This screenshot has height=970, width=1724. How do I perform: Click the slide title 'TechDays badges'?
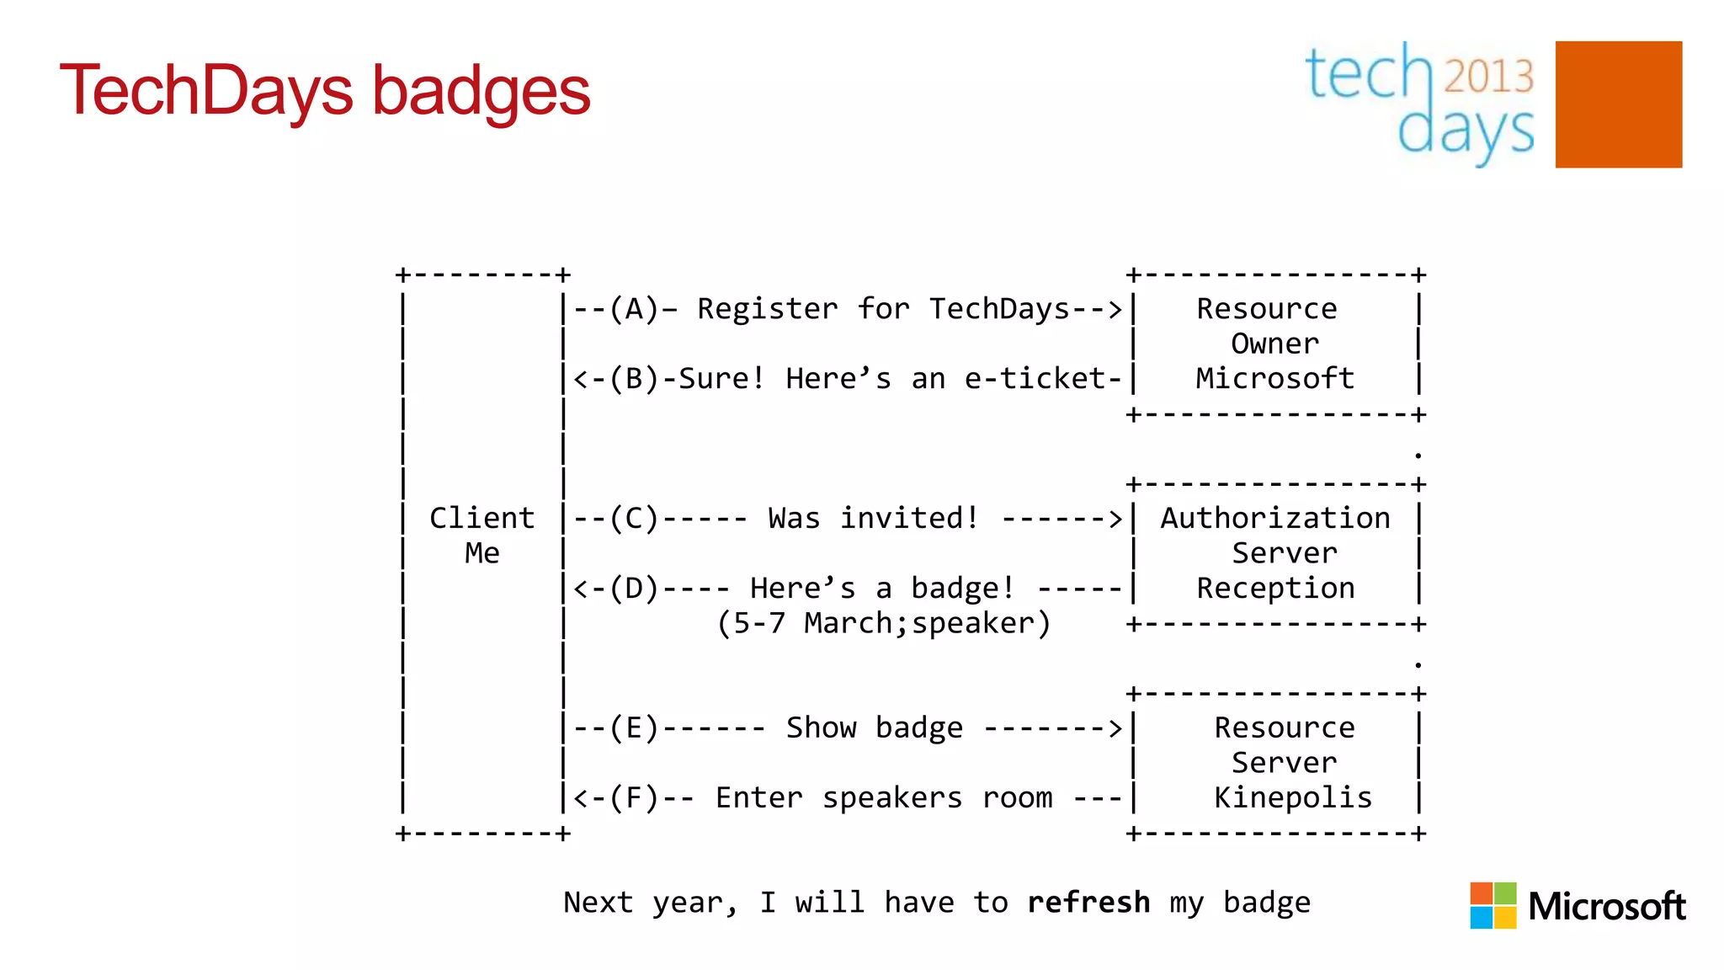pos(325,91)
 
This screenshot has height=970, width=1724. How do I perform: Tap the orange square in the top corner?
pos(1618,104)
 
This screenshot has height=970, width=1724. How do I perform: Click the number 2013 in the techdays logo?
pos(1488,76)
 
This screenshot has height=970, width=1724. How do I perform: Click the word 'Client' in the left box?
pos(482,518)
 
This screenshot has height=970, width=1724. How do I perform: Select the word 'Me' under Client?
pos(482,553)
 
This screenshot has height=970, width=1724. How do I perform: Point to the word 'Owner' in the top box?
pos(1274,344)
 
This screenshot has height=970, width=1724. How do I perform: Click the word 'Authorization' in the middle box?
pos(1274,518)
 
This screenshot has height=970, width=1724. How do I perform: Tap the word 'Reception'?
pos(1274,588)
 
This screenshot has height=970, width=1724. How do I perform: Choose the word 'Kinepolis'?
pos(1292,797)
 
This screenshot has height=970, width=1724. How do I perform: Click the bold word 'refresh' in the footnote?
pos(1088,902)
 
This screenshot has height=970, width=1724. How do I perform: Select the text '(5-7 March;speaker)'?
pos(883,623)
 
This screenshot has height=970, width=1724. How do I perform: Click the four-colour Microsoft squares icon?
pos(1493,905)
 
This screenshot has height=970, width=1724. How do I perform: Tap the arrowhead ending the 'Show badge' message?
pos(1115,728)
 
